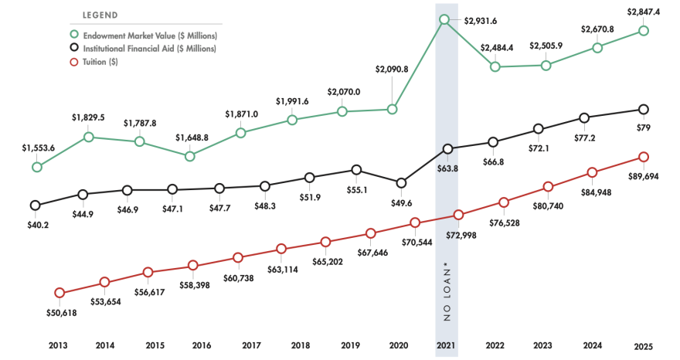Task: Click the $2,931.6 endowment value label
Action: click(x=481, y=21)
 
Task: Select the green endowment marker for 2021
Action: click(x=444, y=19)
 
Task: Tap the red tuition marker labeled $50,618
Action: click(x=59, y=293)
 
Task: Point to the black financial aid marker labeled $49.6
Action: click(x=400, y=183)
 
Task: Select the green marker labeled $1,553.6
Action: click(x=36, y=167)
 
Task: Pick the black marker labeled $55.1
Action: click(x=355, y=169)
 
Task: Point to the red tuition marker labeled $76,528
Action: click(x=504, y=202)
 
